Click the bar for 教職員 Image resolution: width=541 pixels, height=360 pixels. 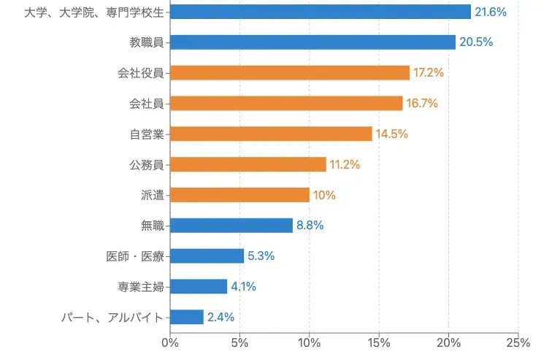[312, 42]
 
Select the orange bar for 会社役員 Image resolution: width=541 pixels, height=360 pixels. [290, 73]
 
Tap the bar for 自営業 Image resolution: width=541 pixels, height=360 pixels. [271, 134]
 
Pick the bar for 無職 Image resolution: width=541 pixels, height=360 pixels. [231, 226]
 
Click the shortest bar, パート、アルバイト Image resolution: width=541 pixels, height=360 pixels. [187, 317]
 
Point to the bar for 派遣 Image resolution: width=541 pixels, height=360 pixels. [239, 195]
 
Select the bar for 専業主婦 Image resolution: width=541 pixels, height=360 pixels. [199, 286]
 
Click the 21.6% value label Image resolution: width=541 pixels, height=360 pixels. [491, 12]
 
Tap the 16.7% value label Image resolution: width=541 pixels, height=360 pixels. [422, 104]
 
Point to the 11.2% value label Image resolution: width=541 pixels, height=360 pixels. [345, 164]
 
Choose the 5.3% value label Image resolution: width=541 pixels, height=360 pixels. [261, 256]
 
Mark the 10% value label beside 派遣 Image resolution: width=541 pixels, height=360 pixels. [324, 195]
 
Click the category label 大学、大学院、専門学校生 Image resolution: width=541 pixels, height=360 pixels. [93, 12]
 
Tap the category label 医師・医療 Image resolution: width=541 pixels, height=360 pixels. [135, 256]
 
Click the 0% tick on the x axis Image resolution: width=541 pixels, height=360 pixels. [170, 342]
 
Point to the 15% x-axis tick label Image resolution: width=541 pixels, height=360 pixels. [379, 342]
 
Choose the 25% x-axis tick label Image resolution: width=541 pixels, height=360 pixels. [518, 342]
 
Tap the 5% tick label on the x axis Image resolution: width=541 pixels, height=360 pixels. [239, 342]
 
